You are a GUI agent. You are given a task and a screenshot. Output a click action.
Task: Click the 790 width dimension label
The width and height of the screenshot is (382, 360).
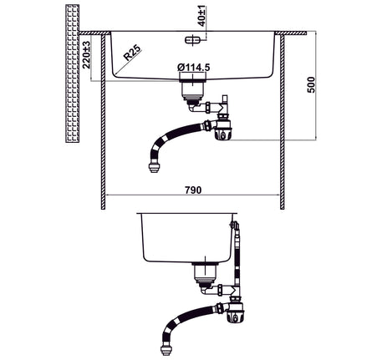(193, 190)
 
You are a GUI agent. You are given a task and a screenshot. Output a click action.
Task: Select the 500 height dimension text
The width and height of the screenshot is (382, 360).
(310, 85)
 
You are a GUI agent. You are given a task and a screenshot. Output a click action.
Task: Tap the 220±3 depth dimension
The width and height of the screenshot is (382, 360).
(87, 55)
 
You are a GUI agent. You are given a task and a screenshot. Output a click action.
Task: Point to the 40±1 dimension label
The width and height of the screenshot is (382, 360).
(201, 16)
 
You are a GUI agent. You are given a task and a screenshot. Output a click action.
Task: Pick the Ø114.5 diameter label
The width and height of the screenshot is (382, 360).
(194, 67)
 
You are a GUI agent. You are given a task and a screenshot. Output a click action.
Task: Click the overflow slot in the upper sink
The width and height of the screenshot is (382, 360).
(192, 40)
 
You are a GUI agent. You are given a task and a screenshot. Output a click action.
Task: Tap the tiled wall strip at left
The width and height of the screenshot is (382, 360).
(72, 74)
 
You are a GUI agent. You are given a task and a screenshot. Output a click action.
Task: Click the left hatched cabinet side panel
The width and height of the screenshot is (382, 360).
(103, 122)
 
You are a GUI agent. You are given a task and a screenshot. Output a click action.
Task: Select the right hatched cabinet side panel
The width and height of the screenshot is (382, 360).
(282, 122)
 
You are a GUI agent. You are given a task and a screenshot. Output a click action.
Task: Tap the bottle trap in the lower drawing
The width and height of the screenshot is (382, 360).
(236, 312)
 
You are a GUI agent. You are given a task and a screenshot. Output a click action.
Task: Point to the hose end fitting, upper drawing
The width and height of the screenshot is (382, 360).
(154, 168)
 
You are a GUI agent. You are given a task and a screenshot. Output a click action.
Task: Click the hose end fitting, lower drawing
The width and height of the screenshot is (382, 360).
(166, 350)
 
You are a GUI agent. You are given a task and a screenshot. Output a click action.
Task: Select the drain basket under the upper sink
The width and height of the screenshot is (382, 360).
(192, 89)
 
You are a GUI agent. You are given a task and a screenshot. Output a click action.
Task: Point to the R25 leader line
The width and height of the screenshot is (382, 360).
(128, 63)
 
